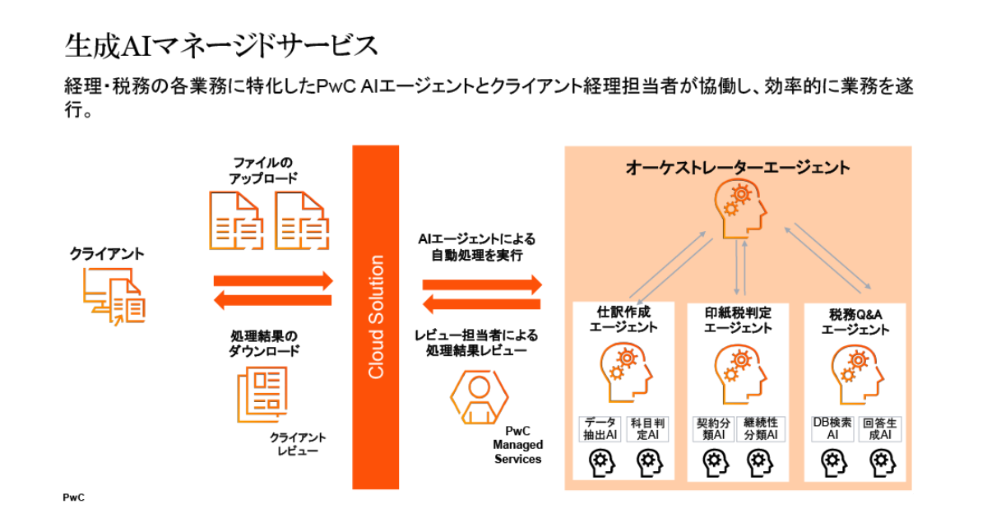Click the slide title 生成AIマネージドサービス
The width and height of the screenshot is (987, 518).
coord(221,45)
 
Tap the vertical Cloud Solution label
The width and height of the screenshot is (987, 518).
coord(376,317)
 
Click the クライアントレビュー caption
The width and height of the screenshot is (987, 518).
coord(298,444)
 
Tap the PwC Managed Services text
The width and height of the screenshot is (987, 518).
coord(517,445)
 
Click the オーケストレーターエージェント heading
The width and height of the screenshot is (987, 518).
coord(737,168)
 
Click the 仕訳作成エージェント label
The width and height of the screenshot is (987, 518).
coord(628,320)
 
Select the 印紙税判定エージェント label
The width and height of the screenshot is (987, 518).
coord(738,320)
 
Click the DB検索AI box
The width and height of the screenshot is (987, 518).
coord(832,428)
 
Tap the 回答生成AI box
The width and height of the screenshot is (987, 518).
coord(880,428)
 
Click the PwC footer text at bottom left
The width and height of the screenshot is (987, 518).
coord(74,497)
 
